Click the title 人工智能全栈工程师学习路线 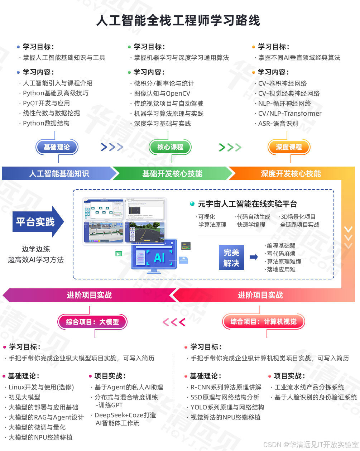click(178, 20)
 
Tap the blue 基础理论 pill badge click(57, 147)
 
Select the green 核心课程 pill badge click(170, 147)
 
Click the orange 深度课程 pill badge click(289, 147)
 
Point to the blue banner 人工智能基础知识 click(59, 174)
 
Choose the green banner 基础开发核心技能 click(172, 174)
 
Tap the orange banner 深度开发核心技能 click(291, 174)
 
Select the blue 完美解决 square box click(231, 258)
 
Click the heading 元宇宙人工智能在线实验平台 click(248, 204)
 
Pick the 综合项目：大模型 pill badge click(92, 322)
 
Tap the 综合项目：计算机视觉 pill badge click(263, 322)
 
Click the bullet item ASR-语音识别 click(278, 124)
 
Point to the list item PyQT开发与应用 click(46, 103)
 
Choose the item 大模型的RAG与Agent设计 click(46, 417)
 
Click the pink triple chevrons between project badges click(174, 322)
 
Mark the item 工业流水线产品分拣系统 click(309, 387)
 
